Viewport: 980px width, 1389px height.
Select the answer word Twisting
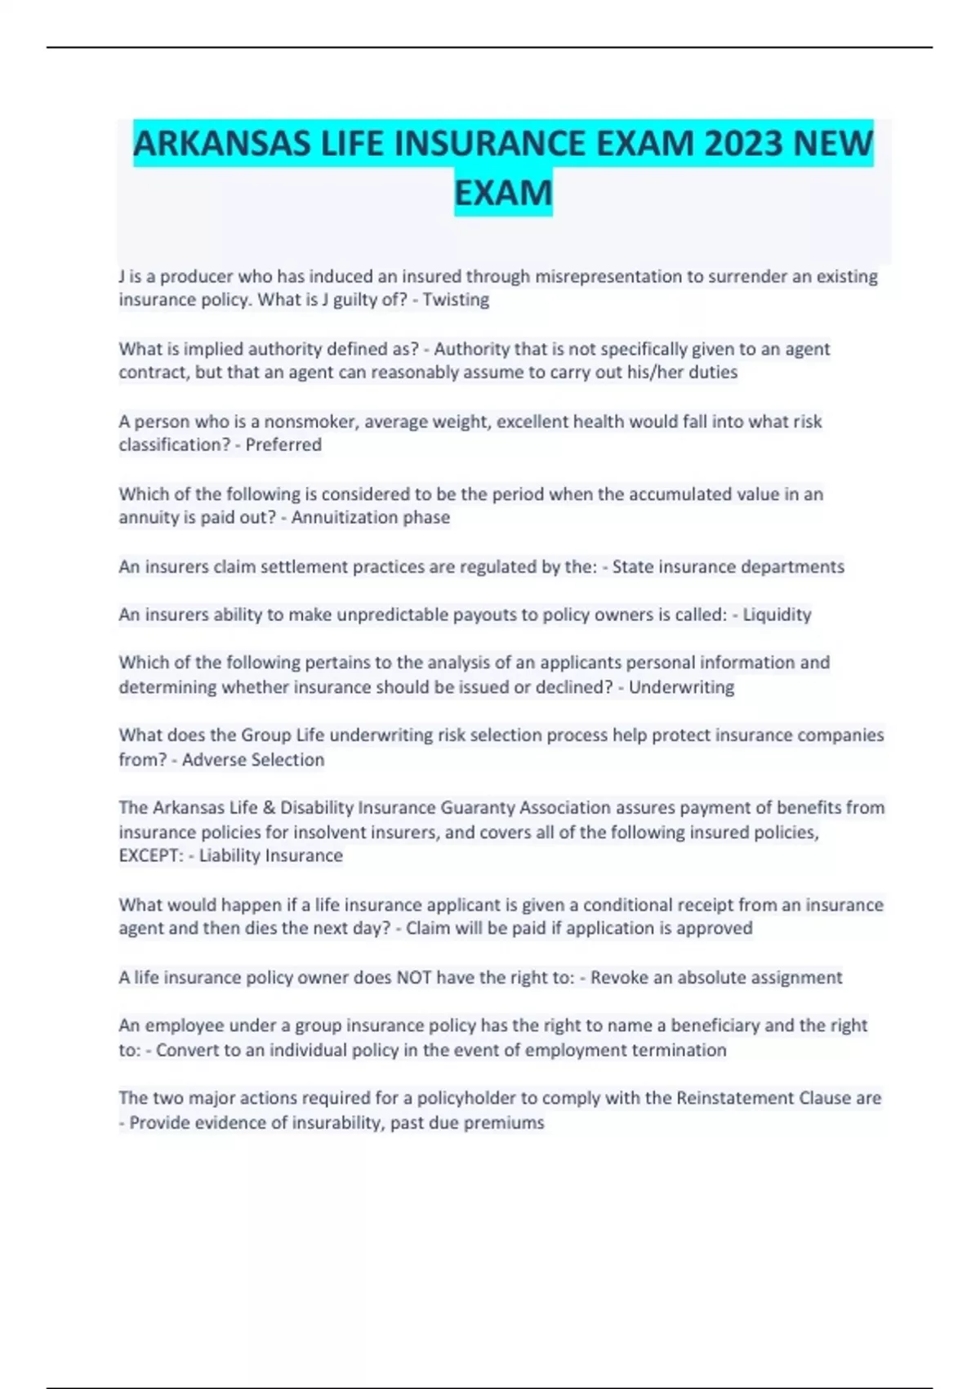point(456,300)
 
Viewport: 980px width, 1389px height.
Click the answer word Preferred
point(283,444)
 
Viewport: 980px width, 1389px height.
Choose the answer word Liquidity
point(777,614)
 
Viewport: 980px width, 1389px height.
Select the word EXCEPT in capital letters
point(150,855)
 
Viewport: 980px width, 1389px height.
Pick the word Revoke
point(618,977)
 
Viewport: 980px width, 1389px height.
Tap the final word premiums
point(504,1123)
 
